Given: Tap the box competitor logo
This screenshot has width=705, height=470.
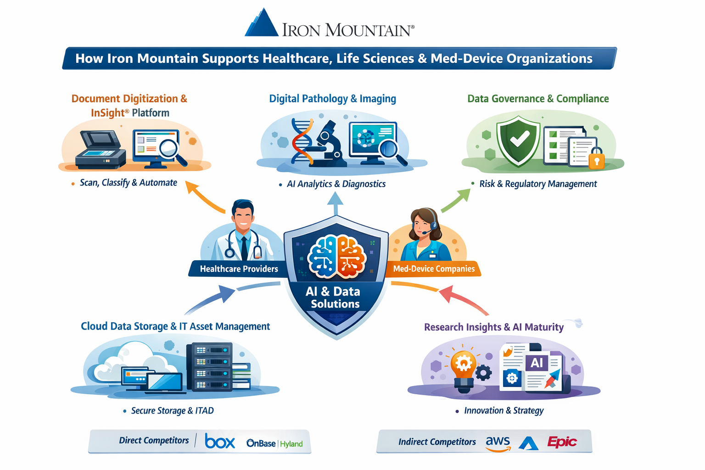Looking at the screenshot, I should [220, 442].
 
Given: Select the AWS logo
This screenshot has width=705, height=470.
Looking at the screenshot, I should [498, 443].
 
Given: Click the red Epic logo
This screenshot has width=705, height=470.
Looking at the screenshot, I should [562, 442].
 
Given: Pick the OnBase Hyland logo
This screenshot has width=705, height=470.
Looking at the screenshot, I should [274, 443].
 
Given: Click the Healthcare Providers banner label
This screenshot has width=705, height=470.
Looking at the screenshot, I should [239, 269].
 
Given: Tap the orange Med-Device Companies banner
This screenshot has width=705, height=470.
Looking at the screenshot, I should [434, 269].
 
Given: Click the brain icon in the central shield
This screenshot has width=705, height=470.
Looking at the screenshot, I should [337, 257].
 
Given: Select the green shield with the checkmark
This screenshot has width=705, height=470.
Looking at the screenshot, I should [518, 140].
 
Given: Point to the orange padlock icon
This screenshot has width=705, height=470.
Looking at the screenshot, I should [596, 159].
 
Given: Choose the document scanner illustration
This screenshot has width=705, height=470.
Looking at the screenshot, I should [101, 149].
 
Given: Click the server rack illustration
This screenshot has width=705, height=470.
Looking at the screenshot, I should [209, 367].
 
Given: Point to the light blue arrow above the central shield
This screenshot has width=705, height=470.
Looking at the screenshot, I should [336, 203].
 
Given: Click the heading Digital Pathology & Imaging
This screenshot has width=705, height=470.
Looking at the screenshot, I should [332, 99].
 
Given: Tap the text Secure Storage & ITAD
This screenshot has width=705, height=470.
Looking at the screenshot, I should [172, 411].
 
